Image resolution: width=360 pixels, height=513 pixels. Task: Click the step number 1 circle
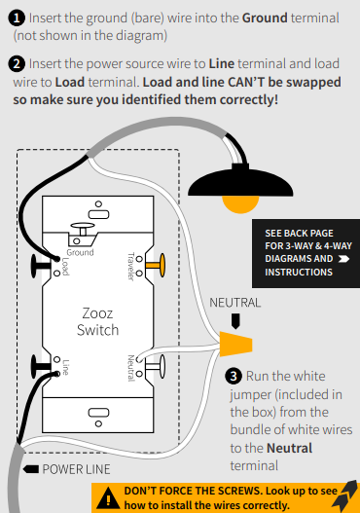[17, 18]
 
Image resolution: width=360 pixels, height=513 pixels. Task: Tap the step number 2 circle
[17, 64]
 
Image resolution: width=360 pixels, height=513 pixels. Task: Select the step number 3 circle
[234, 377]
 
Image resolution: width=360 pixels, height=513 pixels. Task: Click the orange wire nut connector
[235, 344]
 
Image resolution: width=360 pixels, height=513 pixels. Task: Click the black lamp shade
[240, 182]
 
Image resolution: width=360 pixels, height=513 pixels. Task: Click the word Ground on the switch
[80, 252]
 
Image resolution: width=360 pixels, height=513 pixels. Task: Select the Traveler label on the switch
[130, 267]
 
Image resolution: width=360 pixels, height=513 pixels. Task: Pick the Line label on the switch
[65, 367]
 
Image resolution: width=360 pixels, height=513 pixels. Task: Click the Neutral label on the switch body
[130, 368]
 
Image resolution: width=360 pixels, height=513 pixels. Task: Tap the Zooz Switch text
[97, 321]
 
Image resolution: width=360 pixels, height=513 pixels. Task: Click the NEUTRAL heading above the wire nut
[235, 303]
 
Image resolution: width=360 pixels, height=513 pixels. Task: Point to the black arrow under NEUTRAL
[235, 321]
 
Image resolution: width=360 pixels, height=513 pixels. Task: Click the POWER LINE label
[76, 469]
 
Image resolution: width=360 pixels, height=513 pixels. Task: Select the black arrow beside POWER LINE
[31, 469]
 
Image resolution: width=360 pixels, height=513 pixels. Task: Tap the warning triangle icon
[108, 498]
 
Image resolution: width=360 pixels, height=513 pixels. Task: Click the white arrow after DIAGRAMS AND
[343, 259]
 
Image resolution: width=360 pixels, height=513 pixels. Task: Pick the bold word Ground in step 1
[265, 18]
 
